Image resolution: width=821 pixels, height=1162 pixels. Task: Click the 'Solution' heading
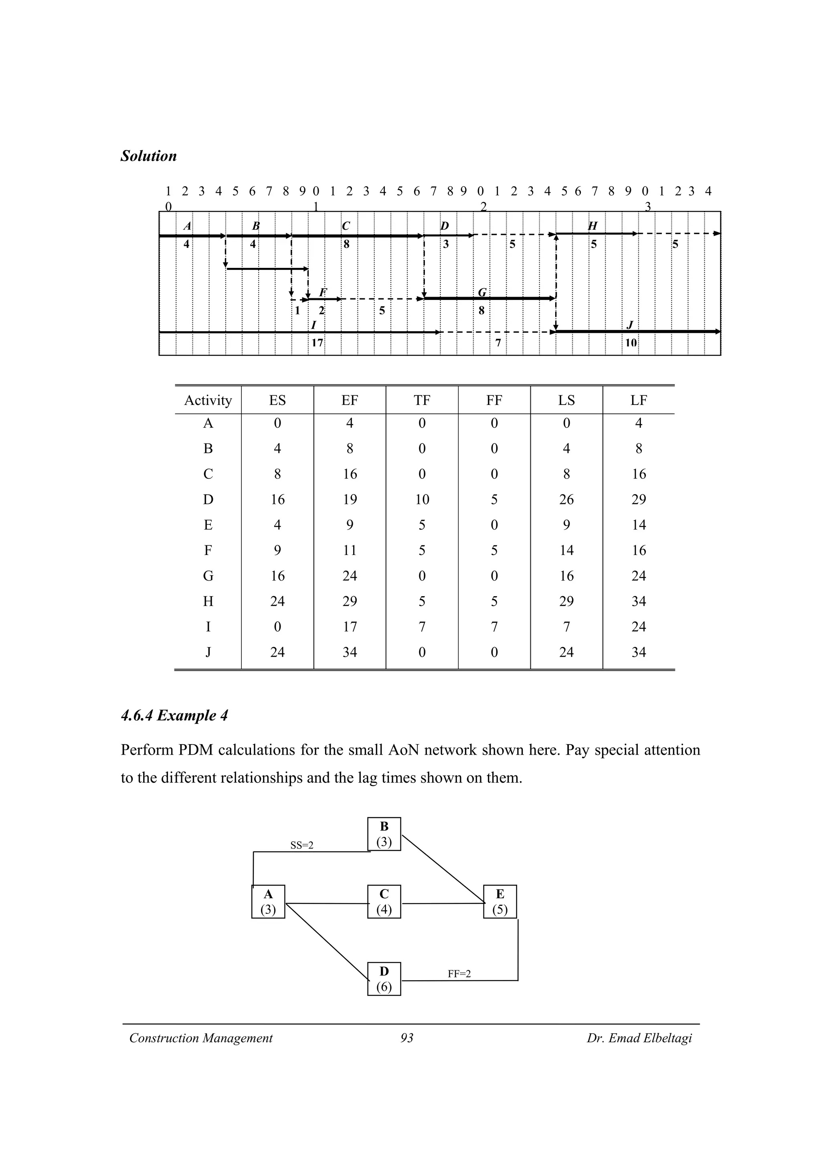pyautogui.click(x=148, y=156)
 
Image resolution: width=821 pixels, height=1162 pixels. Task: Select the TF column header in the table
pyautogui.click(x=422, y=400)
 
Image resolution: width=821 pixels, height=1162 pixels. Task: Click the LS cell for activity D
pyautogui.click(x=566, y=500)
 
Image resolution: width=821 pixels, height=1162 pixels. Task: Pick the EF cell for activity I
pyautogui.click(x=350, y=627)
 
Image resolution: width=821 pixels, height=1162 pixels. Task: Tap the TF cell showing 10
pyautogui.click(x=422, y=500)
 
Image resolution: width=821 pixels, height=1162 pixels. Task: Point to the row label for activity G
pyautogui.click(x=208, y=576)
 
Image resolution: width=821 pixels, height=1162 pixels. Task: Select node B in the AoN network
pyautogui.click(x=384, y=834)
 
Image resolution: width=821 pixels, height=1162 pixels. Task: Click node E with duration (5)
pyautogui.click(x=500, y=901)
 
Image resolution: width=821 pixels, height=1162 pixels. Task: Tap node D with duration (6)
pyautogui.click(x=384, y=979)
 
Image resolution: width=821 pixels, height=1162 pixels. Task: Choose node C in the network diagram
pyautogui.click(x=384, y=901)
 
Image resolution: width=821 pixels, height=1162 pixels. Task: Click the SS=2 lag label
pyautogui.click(x=301, y=845)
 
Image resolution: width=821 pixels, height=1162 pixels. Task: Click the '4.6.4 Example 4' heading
pyautogui.click(x=174, y=716)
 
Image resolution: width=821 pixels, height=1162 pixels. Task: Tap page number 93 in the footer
pyautogui.click(x=407, y=1038)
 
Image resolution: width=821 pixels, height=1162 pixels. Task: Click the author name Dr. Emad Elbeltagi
pyautogui.click(x=639, y=1038)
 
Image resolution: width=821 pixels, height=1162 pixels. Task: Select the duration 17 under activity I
pyautogui.click(x=317, y=343)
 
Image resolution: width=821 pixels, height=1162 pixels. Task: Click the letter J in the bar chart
pyautogui.click(x=630, y=325)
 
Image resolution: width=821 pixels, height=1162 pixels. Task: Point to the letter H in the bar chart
pyautogui.click(x=592, y=226)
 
